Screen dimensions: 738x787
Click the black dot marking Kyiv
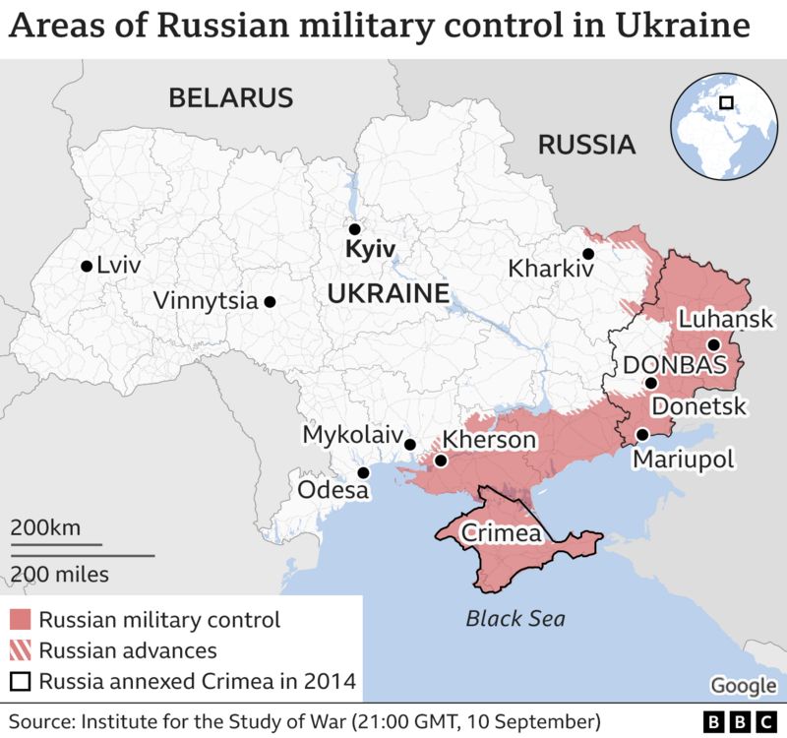pyautogui.click(x=355, y=228)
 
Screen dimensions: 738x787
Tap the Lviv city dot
pyautogui.click(x=88, y=266)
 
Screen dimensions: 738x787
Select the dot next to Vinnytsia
pyautogui.click(x=270, y=302)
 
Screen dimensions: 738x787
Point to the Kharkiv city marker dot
pyautogui.click(x=588, y=254)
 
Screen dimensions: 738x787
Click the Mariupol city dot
pyautogui.click(x=641, y=434)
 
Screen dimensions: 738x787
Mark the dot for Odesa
pyautogui.click(x=363, y=472)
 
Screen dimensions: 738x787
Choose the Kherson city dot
pyautogui.click(x=441, y=460)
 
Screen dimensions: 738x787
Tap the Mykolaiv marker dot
pyautogui.click(x=410, y=445)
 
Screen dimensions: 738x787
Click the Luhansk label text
pyautogui.click(x=727, y=320)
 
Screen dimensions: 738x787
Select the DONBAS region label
pyautogui.click(x=674, y=365)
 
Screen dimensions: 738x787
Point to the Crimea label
pyautogui.click(x=502, y=534)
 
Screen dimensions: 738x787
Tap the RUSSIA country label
pyautogui.click(x=586, y=146)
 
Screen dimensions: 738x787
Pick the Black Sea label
pyautogui.click(x=515, y=619)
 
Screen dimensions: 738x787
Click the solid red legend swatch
pyautogui.click(x=21, y=620)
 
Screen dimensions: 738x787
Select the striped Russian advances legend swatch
pyautogui.click(x=21, y=650)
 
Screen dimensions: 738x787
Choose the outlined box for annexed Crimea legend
pyautogui.click(x=21, y=681)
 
